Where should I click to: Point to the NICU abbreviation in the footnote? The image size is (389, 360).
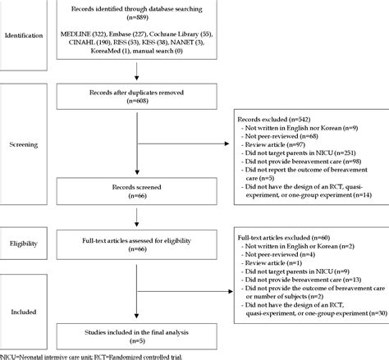pos(9,355)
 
